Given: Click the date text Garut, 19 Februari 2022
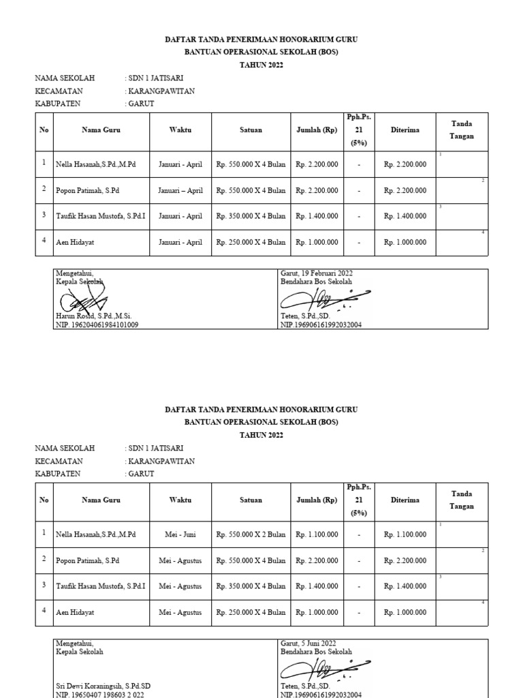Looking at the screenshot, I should coord(316,273).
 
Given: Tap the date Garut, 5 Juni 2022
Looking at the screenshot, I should coord(308,643).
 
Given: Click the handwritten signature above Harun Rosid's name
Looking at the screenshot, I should coord(82,298).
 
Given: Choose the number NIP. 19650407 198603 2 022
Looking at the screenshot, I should coord(99,695).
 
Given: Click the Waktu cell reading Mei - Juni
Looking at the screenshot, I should coord(180,534).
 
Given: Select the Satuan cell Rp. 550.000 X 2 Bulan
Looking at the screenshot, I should coord(251,534).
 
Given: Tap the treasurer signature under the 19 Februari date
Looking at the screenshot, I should coord(326,299).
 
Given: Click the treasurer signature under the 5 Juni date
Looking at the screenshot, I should coord(326,669).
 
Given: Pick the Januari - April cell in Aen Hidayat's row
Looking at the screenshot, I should coord(180,242).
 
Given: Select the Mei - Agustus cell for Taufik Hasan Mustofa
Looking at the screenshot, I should coord(180,586).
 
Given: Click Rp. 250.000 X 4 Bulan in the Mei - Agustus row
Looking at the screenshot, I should coord(251,612).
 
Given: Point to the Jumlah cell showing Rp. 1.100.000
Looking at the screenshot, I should coord(317,534).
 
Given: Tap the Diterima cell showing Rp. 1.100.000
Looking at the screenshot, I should coord(405,534).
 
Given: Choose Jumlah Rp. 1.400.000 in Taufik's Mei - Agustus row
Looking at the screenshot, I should coord(317,586).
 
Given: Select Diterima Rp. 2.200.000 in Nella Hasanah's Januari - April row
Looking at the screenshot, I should coord(405,164).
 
